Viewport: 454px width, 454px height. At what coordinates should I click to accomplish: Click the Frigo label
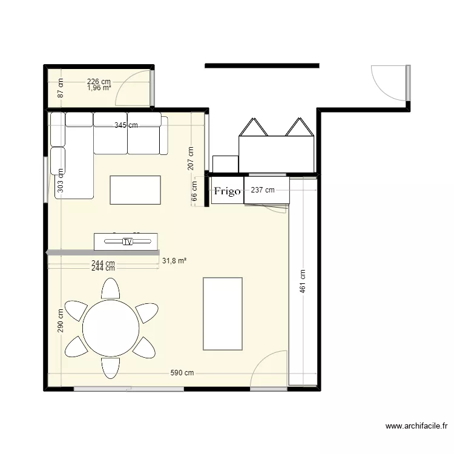coord(227,191)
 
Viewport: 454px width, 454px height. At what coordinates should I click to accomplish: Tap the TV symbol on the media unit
coord(127,242)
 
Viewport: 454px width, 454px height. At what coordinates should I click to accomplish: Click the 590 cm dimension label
coord(182,373)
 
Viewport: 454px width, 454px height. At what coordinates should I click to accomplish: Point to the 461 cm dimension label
coord(303,281)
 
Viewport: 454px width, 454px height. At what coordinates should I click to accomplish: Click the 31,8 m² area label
coord(174,261)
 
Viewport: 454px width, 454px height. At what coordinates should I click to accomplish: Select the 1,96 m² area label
coord(99,88)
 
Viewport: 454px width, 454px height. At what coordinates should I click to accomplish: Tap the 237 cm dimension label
coord(262,190)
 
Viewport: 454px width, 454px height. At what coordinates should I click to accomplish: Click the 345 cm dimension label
coord(126,125)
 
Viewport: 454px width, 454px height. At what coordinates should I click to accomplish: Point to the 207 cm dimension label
coord(190,158)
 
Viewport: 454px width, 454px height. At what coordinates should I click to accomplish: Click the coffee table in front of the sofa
coord(135,190)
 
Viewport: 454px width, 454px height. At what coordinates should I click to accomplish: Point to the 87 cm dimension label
coord(61,90)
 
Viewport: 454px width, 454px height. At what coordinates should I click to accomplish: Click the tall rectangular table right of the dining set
coord(222,314)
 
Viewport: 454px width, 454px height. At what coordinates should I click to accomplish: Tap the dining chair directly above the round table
coord(110,289)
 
